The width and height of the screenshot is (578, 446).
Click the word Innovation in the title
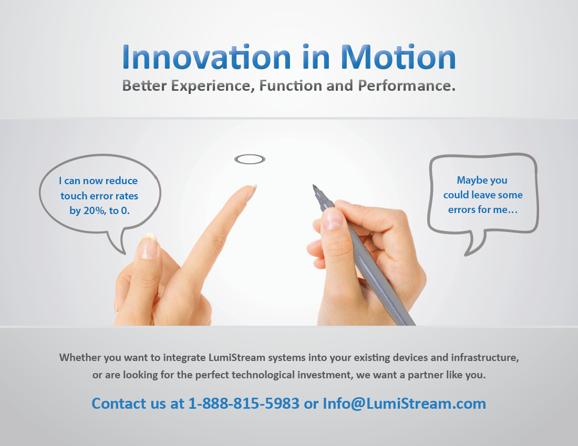pyautogui.click(x=207, y=57)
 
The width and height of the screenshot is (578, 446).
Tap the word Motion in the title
pyautogui.click(x=398, y=57)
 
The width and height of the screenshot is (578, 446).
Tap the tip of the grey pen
pyautogui.click(x=314, y=186)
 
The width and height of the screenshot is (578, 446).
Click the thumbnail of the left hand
pyautogui.click(x=149, y=246)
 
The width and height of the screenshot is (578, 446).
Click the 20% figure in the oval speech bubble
pyautogui.click(x=95, y=211)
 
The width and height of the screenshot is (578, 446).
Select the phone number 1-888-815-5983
pyautogui.click(x=244, y=403)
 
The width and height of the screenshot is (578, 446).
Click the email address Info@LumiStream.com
pyautogui.click(x=405, y=403)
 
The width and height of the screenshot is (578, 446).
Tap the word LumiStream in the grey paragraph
pyautogui.click(x=237, y=357)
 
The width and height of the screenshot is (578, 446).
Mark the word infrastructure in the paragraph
pyautogui.click(x=485, y=358)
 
